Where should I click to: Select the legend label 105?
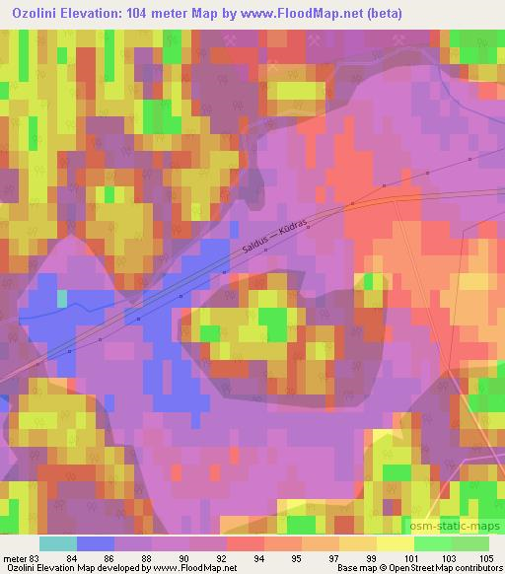pos(486,557)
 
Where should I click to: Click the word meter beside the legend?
pos(15,557)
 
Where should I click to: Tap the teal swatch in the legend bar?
pos(58,543)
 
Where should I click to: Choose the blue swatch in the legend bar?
pos(96,543)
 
